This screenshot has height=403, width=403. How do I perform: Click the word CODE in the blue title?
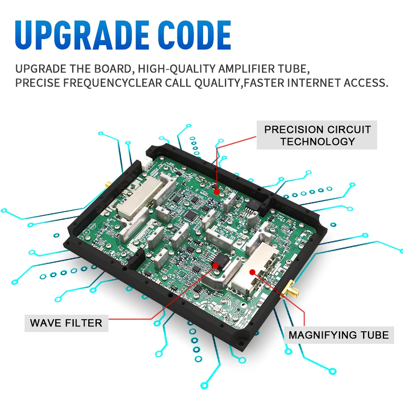[x=194, y=35]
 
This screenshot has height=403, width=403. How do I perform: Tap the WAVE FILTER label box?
[x=66, y=323]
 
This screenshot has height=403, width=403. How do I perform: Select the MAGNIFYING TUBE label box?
[x=339, y=335]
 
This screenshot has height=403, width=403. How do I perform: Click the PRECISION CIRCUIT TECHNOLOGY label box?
[x=317, y=135]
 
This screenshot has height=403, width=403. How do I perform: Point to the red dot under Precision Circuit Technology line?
[x=217, y=192]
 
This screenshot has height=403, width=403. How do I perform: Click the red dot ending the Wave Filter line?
[x=215, y=265]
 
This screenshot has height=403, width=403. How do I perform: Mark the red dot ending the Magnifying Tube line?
[x=252, y=272]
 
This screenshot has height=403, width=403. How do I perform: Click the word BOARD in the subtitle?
[x=114, y=69]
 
